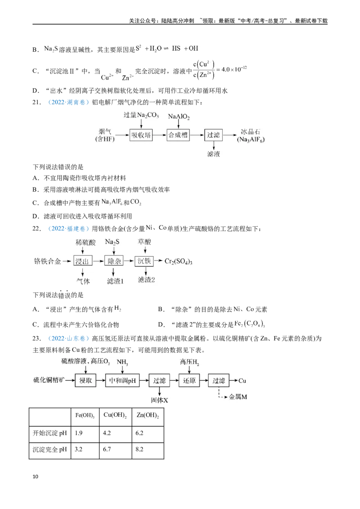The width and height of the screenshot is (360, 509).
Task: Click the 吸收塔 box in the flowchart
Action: (141, 135)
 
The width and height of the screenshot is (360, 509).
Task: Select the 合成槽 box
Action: (178, 135)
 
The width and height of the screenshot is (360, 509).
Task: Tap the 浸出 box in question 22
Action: (82, 261)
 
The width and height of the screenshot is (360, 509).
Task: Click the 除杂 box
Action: (114, 261)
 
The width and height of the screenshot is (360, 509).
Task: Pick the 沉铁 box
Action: (144, 261)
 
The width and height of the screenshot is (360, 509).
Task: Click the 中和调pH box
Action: (122, 380)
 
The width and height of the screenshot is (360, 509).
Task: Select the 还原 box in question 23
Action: (189, 380)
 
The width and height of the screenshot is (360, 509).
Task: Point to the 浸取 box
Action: (86, 380)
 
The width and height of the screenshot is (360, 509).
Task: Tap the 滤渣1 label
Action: (115, 281)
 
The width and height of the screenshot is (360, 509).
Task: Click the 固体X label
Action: (160, 400)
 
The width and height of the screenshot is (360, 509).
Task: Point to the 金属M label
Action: (238, 397)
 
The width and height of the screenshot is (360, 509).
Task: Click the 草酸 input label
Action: (144, 242)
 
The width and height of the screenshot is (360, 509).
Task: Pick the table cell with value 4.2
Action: (115, 433)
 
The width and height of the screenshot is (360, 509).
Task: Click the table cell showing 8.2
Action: (148, 450)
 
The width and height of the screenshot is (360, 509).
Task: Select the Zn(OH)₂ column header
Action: (148, 415)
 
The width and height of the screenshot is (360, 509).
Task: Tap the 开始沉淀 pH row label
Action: (49, 433)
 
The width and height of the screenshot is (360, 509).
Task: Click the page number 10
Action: (36, 477)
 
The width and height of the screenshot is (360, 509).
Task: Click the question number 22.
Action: (37, 228)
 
